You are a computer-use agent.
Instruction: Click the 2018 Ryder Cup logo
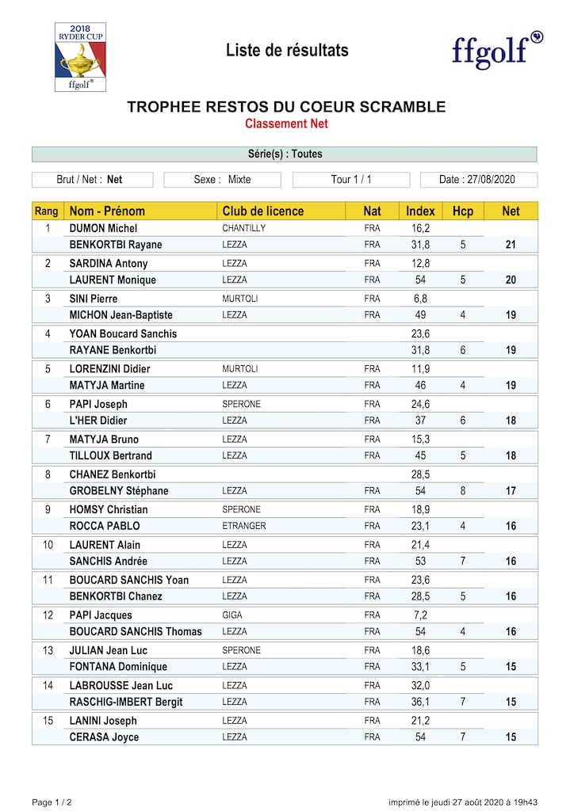[80, 57]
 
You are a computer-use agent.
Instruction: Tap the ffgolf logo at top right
[497, 51]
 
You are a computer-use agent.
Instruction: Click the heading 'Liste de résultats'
[287, 51]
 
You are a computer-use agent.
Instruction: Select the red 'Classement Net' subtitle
[286, 124]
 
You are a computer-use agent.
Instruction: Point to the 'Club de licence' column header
[263, 211]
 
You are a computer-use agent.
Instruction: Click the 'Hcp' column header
[462, 211]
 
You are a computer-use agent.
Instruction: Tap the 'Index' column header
[420, 211]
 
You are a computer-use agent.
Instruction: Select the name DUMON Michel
[104, 229]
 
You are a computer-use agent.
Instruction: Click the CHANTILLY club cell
[243, 229]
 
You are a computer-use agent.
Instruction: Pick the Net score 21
[511, 245]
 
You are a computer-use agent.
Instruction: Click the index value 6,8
[420, 299]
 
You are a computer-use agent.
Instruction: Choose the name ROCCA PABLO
[105, 526]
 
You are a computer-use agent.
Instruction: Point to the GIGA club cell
[232, 615]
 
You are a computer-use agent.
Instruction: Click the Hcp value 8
[462, 491]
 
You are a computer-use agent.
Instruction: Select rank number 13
[48, 650]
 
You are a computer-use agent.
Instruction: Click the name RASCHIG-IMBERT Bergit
[126, 702]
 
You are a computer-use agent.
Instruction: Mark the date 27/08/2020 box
[478, 180]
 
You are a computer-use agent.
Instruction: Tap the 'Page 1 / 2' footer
[52, 802]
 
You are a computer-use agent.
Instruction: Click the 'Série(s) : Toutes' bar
[285, 154]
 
